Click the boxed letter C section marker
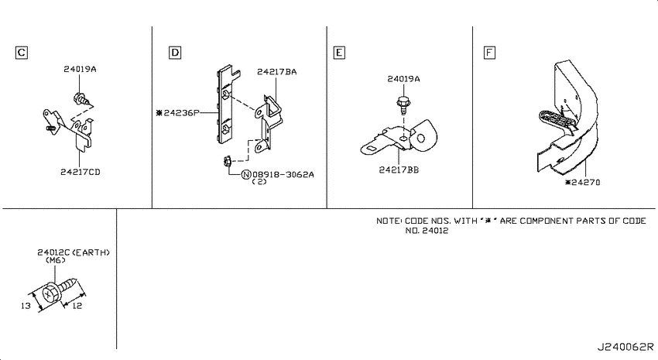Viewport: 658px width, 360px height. pyautogui.click(x=22, y=53)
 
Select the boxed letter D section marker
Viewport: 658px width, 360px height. pyautogui.click(x=175, y=53)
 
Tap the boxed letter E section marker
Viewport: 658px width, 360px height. pyautogui.click(x=339, y=53)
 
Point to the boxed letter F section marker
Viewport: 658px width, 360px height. pyautogui.click(x=489, y=53)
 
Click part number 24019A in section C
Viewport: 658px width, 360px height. pyautogui.click(x=81, y=69)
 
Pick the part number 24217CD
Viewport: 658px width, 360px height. pyautogui.click(x=81, y=172)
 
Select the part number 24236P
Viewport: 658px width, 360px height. pyautogui.click(x=181, y=113)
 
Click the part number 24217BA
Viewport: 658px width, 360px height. pyautogui.click(x=277, y=72)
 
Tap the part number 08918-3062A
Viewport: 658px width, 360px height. pyautogui.click(x=283, y=174)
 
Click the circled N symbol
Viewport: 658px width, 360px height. pyautogui.click(x=246, y=174)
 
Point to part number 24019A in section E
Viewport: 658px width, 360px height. pyautogui.click(x=403, y=79)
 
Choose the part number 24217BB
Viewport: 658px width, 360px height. pyautogui.click(x=399, y=170)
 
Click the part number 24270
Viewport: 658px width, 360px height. pyautogui.click(x=586, y=183)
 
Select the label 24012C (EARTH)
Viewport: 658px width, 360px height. pyautogui.click(x=74, y=252)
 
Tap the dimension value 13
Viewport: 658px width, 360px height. pyautogui.click(x=26, y=306)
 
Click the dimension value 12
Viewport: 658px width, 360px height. pyautogui.click(x=77, y=306)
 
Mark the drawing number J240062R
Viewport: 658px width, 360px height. pyautogui.click(x=625, y=347)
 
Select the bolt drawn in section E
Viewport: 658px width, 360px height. pyautogui.click(x=403, y=106)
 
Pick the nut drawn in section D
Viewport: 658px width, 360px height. pyautogui.click(x=227, y=161)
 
